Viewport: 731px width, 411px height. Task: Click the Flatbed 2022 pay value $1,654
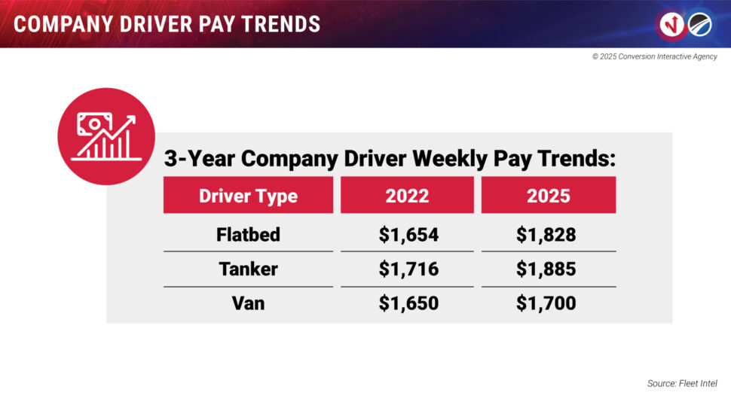(408, 235)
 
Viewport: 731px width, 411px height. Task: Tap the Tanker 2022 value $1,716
(408, 269)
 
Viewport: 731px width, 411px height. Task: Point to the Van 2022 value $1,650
(408, 304)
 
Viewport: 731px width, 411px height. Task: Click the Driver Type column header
(248, 196)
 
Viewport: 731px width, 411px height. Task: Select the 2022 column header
(407, 196)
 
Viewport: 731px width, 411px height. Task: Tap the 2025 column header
(549, 196)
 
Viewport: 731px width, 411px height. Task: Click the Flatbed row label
(248, 235)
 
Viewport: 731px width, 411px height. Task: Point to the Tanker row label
(248, 269)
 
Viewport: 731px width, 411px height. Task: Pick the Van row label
(248, 304)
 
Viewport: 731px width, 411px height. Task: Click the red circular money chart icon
(106, 136)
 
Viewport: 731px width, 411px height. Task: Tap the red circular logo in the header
(670, 24)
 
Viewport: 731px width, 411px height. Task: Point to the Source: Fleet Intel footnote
(681, 384)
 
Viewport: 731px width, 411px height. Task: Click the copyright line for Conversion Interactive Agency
(654, 57)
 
